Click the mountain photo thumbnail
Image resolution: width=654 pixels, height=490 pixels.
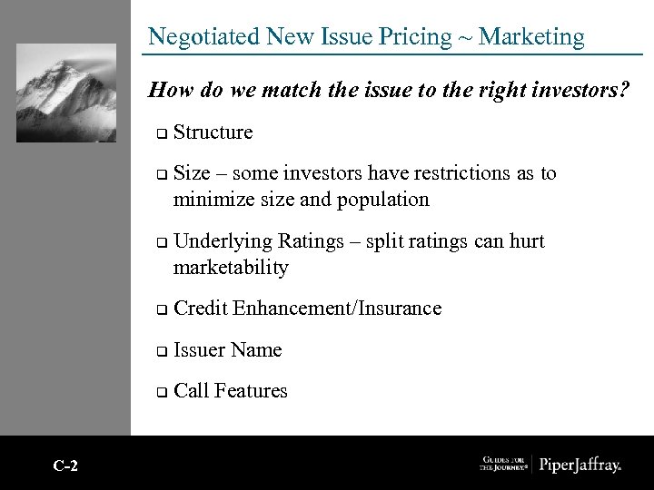[x=66, y=93]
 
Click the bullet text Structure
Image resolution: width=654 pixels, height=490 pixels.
[x=213, y=132]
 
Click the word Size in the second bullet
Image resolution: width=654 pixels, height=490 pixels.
[x=191, y=173]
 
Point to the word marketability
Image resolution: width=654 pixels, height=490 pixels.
[x=231, y=268]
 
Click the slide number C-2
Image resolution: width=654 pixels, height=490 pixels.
[x=65, y=466]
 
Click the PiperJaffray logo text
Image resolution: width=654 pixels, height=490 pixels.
[x=580, y=465]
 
